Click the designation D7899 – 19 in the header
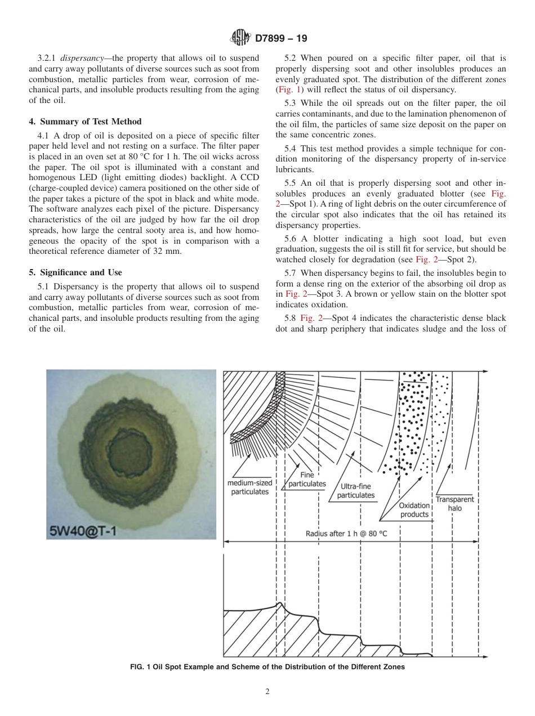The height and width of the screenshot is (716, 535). tap(280, 39)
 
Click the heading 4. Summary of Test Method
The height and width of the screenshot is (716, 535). tap(85, 122)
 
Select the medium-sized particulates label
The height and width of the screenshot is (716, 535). tap(249, 487)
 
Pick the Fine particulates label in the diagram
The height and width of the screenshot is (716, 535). tap(307, 480)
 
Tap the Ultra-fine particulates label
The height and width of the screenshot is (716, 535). tap(356, 491)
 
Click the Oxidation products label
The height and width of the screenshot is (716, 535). tap(414, 510)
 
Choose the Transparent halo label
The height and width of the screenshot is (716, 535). tap(454, 504)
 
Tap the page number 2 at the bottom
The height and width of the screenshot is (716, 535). tap(267, 692)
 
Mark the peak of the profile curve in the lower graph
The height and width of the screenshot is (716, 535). tap(280, 604)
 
